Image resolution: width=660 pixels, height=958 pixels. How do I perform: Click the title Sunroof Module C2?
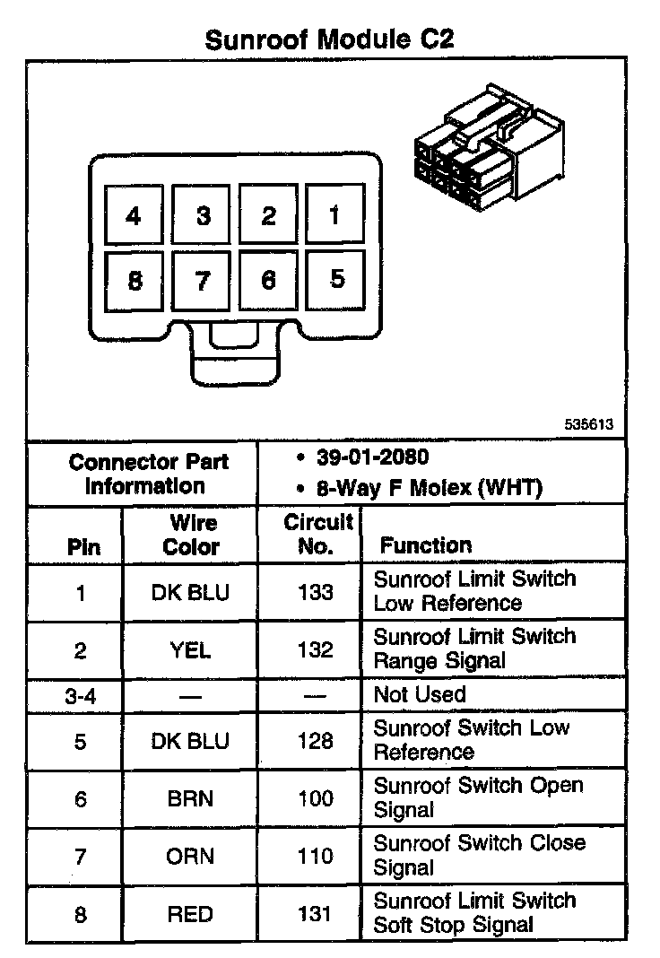coord(329,39)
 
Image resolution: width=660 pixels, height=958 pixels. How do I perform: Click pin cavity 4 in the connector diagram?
coord(135,215)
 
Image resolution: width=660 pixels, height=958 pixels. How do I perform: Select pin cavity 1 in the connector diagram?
coord(334,215)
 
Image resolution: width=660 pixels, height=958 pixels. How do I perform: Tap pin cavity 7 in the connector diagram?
coord(203,281)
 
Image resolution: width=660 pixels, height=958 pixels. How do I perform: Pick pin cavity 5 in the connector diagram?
coord(335,279)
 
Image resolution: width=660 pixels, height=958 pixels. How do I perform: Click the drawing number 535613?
coord(589,424)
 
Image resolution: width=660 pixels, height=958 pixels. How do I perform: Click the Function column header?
coord(425,545)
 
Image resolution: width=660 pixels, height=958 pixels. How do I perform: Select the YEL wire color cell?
coord(190,650)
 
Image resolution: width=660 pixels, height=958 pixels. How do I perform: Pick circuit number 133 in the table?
coord(315,593)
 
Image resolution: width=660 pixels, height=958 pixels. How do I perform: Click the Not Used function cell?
coord(420,694)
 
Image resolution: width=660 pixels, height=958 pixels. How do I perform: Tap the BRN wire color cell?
coord(190,798)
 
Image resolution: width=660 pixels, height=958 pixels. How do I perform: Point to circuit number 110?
coord(315,856)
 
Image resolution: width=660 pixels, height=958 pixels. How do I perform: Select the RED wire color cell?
coord(190,914)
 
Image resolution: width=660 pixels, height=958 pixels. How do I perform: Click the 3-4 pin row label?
coord(81,694)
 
